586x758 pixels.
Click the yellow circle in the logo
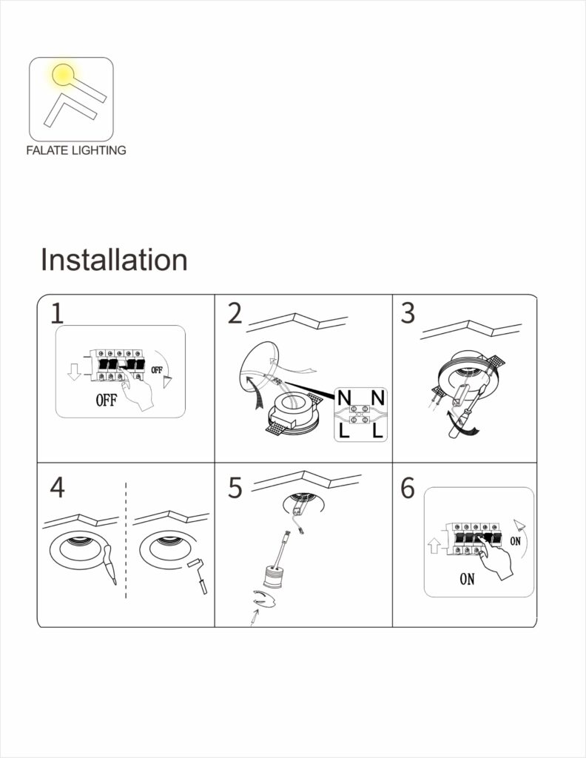coord(63,75)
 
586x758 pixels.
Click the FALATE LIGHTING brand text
coord(76,150)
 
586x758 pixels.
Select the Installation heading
coord(114,260)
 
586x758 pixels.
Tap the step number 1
coord(57,313)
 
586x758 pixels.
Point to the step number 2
coord(235,313)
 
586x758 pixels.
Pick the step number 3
coord(408,313)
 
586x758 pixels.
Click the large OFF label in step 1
coord(107,400)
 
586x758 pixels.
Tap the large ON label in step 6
coord(467,579)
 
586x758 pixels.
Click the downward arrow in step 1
coord(74,372)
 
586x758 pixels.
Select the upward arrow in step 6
coord(434,546)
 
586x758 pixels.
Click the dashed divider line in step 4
coord(126,540)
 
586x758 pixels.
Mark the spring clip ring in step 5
coord(263,598)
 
